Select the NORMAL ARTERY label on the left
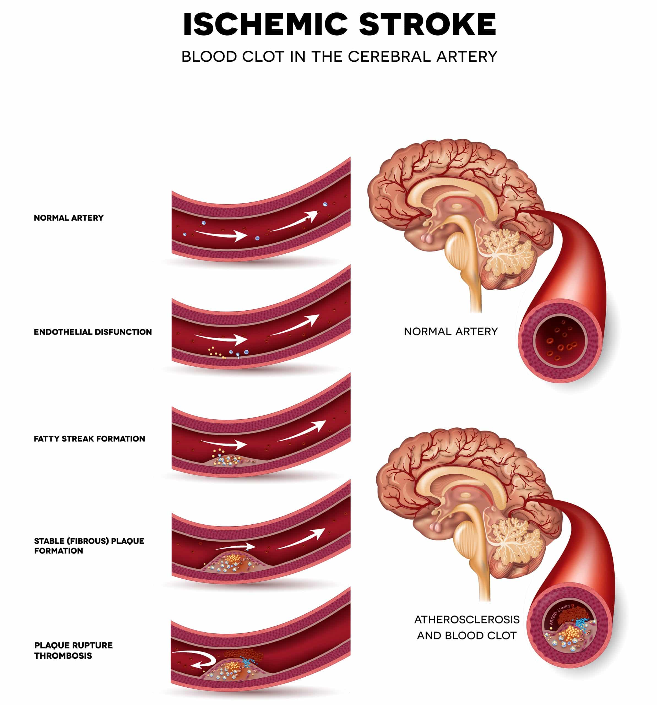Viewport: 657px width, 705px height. pos(69,218)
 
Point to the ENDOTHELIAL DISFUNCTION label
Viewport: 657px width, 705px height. pos(93,332)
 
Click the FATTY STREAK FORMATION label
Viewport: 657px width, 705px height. pos(89,439)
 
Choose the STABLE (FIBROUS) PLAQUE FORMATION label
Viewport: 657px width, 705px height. pos(89,546)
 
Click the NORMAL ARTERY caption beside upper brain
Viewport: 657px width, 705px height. pos(451,332)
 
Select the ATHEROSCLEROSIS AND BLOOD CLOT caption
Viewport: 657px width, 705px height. pos(467,627)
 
